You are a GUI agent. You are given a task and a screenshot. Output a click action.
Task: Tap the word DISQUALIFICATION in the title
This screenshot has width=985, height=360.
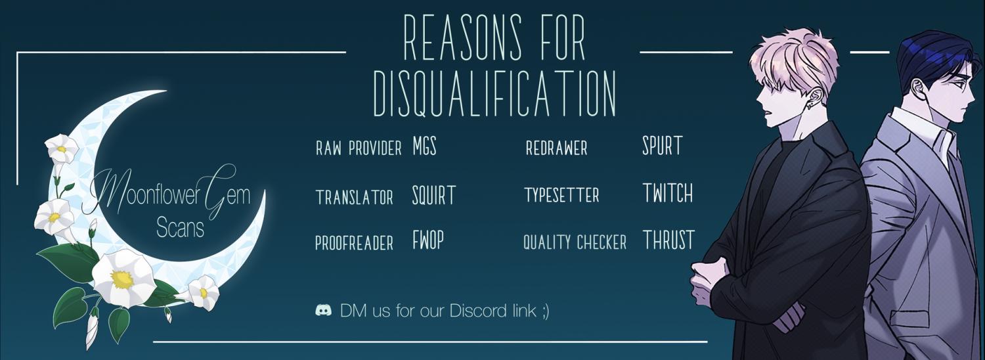pyautogui.click(x=495, y=93)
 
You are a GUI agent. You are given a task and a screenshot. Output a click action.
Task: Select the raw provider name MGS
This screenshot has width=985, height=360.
pyautogui.click(x=424, y=146)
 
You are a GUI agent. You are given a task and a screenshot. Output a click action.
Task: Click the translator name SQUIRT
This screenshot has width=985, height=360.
pyautogui.click(x=433, y=195)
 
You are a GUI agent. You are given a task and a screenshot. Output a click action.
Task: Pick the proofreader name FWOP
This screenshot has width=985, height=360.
pyautogui.click(x=428, y=240)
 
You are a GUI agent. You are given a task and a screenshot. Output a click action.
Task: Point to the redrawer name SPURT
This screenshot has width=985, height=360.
pyautogui.click(x=662, y=146)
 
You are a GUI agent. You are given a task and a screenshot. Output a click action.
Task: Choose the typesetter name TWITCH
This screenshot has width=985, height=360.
pyautogui.click(x=668, y=192)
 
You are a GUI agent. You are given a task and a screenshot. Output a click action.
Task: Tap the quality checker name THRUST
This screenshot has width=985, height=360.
pyautogui.click(x=668, y=240)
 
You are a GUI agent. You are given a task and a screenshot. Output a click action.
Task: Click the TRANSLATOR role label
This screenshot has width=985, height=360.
pyautogui.click(x=355, y=198)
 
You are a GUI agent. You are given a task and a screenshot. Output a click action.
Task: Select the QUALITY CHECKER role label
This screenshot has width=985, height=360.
pyautogui.click(x=575, y=242)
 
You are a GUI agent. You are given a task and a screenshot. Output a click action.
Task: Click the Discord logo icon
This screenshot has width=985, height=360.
pyautogui.click(x=323, y=310)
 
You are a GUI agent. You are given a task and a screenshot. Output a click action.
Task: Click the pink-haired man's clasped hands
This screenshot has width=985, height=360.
pyautogui.click(x=709, y=282)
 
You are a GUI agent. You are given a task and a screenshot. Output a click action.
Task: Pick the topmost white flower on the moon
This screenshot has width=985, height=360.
pyautogui.click(x=62, y=148)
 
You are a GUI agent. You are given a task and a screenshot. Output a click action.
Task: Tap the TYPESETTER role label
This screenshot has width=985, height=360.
pyautogui.click(x=561, y=195)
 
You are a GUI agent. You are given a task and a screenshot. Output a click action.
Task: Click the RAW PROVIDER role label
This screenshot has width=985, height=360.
pyautogui.click(x=359, y=148)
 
